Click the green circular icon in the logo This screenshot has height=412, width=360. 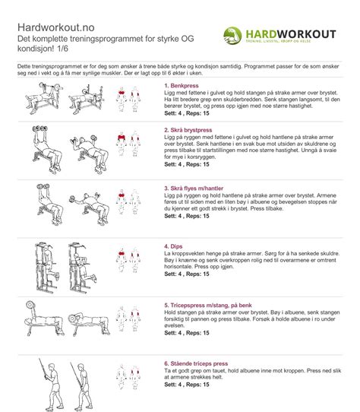(235, 35)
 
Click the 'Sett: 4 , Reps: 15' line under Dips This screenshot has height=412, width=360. (187, 273)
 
